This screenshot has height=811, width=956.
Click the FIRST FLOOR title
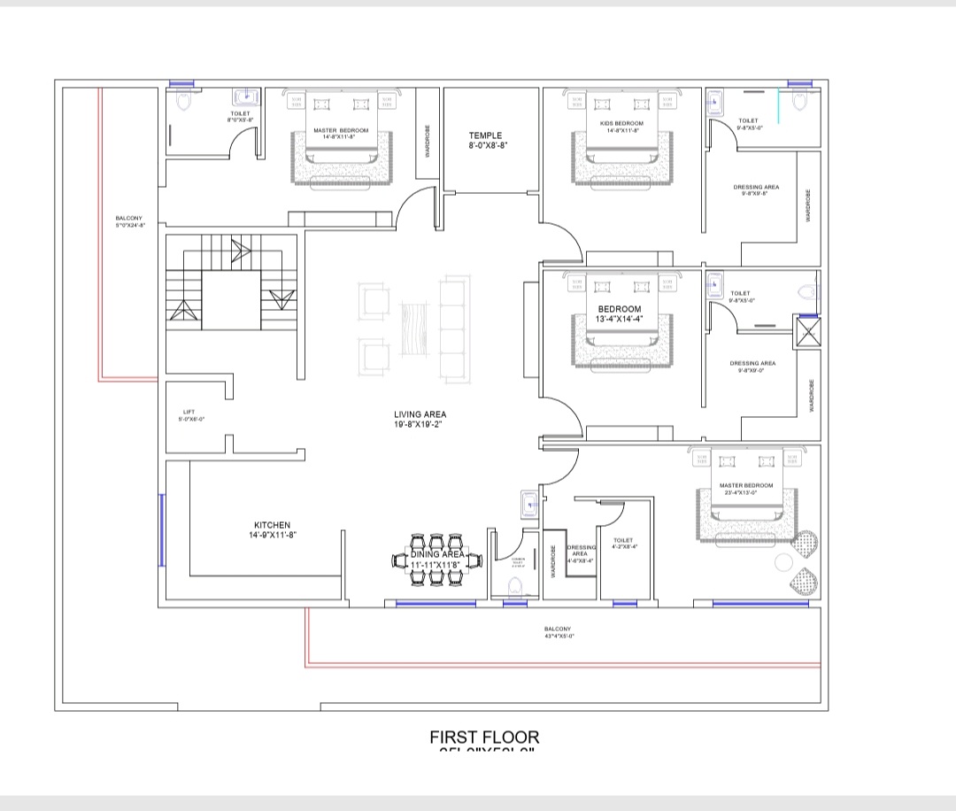click(x=484, y=737)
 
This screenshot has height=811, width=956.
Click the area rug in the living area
click(x=414, y=329)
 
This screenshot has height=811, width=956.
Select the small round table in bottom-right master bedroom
click(x=783, y=562)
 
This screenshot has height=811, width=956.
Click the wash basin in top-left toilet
click(x=244, y=97)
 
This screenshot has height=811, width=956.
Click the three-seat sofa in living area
click(x=456, y=328)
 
